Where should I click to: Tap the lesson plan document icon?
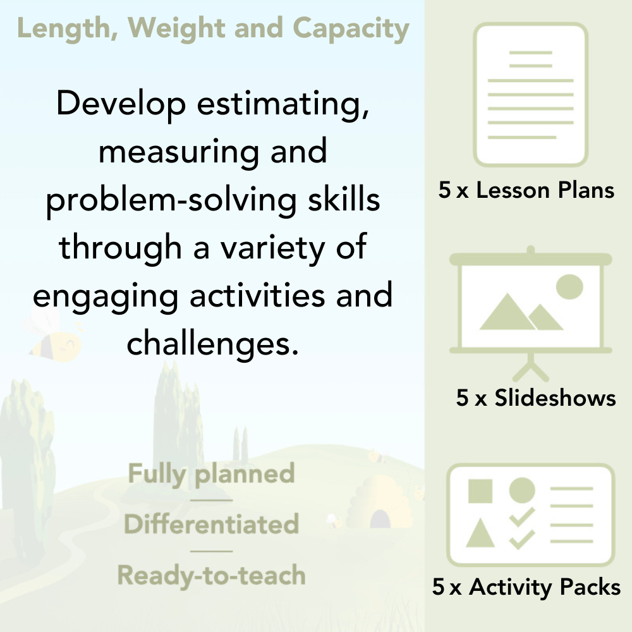531,94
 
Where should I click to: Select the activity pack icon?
531,515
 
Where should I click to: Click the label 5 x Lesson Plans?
526,190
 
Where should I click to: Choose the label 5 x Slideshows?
535,398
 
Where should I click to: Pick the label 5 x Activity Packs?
526,588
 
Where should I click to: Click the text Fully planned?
211,474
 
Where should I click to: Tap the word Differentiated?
211,525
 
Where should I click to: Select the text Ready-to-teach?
211,575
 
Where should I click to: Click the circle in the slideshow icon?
569,286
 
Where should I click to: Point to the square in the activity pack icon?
480,490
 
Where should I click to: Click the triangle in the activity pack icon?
480,534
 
